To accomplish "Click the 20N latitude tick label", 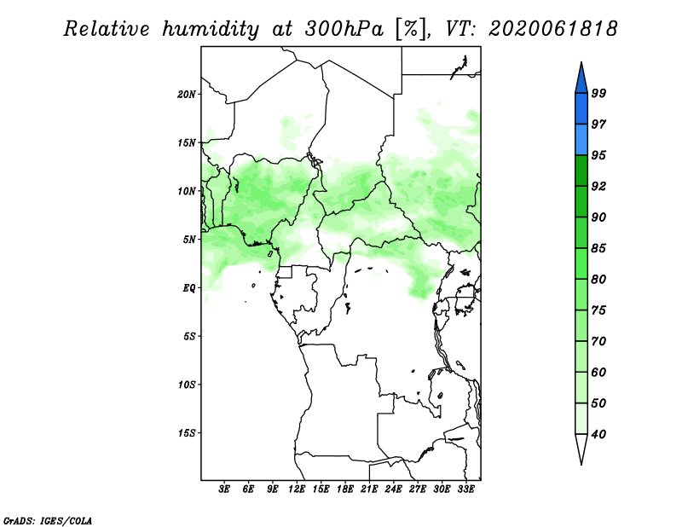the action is point(187,95).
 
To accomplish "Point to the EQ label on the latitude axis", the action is point(189,288).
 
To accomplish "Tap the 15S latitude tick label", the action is point(187,433).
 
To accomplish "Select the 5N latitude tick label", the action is point(189,240).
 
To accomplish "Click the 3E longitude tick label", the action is point(224,489).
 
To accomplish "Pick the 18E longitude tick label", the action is point(345,489).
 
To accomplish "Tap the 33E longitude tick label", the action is point(465,489).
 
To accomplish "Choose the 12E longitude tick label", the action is point(297,489).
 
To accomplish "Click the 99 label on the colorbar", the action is point(598,93).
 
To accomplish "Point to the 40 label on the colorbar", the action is point(598,434).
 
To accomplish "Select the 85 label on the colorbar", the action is point(598,248).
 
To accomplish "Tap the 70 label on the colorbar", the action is point(598,341).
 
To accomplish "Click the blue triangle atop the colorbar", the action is point(581,80).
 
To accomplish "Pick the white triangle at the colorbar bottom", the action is point(581,447).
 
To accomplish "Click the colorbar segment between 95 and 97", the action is point(581,140).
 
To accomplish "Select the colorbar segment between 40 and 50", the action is point(581,419).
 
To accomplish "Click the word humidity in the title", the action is point(211,29).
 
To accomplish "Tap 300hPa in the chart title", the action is point(344,29).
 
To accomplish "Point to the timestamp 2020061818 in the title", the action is point(552,29).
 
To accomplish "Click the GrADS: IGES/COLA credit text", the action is point(48,520).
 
